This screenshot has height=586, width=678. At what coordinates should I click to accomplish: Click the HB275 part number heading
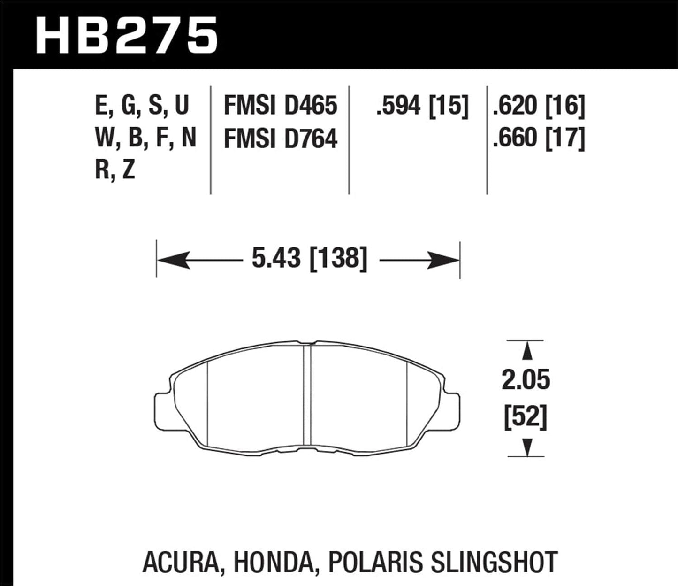127,35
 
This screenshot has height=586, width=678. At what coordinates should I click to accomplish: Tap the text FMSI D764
280,139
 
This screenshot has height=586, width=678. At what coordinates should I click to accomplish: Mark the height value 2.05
525,381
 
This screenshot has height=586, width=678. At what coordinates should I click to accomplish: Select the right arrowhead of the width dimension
444,260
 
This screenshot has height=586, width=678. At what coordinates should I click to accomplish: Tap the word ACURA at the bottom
181,562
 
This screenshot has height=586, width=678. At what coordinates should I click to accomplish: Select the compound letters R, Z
115,170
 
